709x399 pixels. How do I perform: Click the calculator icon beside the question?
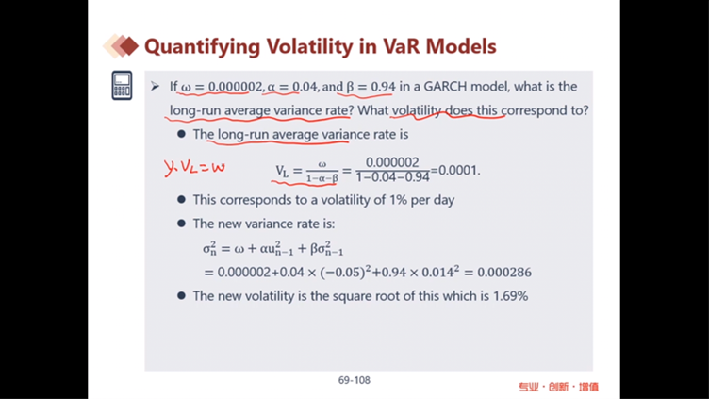point(122,85)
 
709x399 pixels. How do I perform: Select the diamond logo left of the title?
point(121,46)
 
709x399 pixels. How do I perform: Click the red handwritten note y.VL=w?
point(194,168)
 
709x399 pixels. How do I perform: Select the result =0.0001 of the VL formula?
point(454,170)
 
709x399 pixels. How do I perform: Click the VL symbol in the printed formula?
point(282,171)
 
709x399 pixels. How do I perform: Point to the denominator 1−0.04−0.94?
point(392,177)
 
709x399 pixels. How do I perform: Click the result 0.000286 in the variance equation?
point(504,273)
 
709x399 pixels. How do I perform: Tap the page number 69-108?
point(354,380)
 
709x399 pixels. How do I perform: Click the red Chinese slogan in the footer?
point(558,387)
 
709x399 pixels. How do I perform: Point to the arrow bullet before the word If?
point(155,86)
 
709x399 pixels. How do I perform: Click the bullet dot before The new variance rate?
point(181,224)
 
